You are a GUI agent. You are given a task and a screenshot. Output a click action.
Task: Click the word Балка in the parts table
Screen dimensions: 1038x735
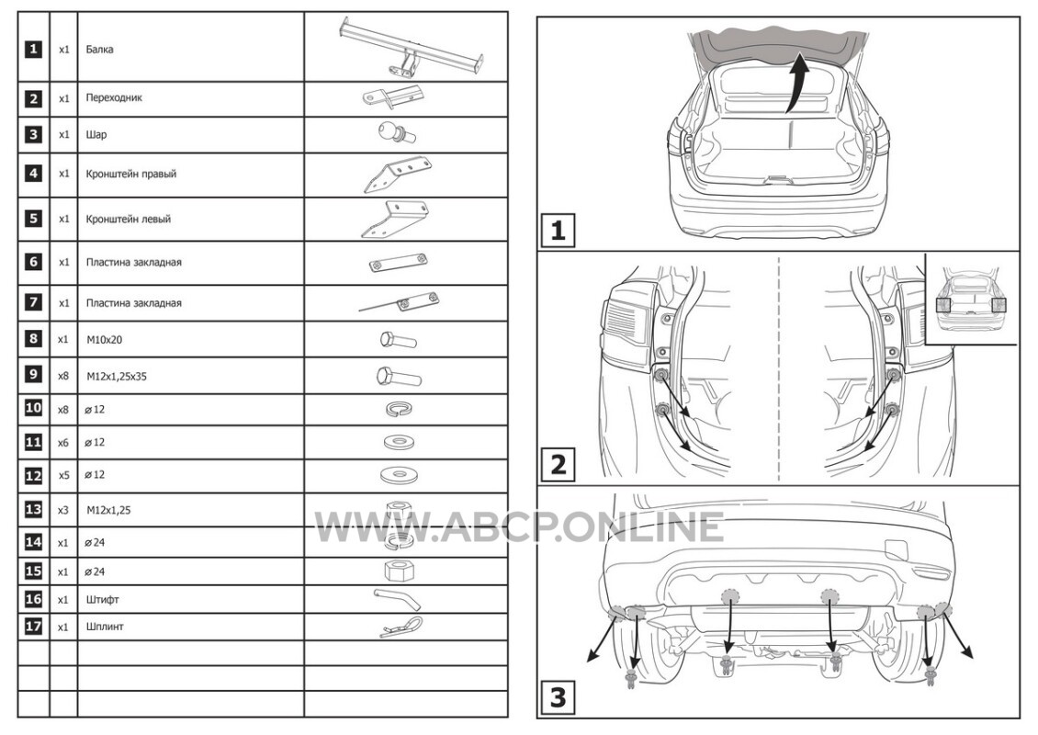click(x=99, y=49)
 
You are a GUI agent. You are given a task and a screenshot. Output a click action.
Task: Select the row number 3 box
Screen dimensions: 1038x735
click(x=33, y=134)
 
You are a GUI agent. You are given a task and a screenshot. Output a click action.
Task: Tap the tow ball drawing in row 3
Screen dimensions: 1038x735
click(x=397, y=133)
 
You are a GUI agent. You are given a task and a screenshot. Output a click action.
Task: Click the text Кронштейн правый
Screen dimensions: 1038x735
click(x=131, y=175)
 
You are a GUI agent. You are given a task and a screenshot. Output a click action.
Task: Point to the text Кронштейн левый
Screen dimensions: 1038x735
click(x=129, y=220)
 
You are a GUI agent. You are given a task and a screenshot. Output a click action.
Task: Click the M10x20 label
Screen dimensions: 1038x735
click(x=104, y=340)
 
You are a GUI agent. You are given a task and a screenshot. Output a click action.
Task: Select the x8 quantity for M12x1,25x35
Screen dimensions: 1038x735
click(x=62, y=376)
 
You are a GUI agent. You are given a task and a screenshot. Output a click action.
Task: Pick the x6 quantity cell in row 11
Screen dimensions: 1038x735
click(x=62, y=442)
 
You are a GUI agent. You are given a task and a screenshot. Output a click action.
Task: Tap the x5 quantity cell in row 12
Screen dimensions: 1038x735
click(x=62, y=475)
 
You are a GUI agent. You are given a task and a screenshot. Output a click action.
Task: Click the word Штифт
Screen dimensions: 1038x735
click(x=103, y=600)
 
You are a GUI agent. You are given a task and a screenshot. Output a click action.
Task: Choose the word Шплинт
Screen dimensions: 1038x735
click(x=105, y=627)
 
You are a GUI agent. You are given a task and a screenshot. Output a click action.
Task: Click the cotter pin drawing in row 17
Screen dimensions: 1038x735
click(x=401, y=627)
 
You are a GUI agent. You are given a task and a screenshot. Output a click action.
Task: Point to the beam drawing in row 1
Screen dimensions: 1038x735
click(x=412, y=46)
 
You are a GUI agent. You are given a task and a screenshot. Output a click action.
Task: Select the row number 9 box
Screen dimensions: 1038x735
click(x=33, y=374)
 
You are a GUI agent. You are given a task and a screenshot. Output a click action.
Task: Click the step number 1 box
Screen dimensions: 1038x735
click(x=558, y=232)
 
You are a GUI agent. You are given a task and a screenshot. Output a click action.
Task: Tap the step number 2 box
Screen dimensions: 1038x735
click(x=558, y=464)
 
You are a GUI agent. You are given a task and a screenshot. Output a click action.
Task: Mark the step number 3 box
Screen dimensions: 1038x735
click(x=558, y=697)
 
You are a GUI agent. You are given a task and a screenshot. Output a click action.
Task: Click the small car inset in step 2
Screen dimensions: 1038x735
click(x=971, y=299)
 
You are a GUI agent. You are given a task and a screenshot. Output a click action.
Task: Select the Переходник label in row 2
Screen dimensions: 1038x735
click(x=114, y=98)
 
